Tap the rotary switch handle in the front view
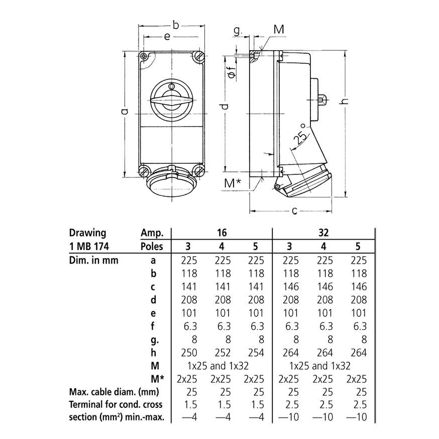(172, 102)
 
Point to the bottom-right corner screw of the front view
(199, 171)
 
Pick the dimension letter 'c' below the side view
(294, 211)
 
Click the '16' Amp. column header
(222, 233)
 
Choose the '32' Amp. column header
(324, 233)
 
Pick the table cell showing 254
(256, 353)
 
